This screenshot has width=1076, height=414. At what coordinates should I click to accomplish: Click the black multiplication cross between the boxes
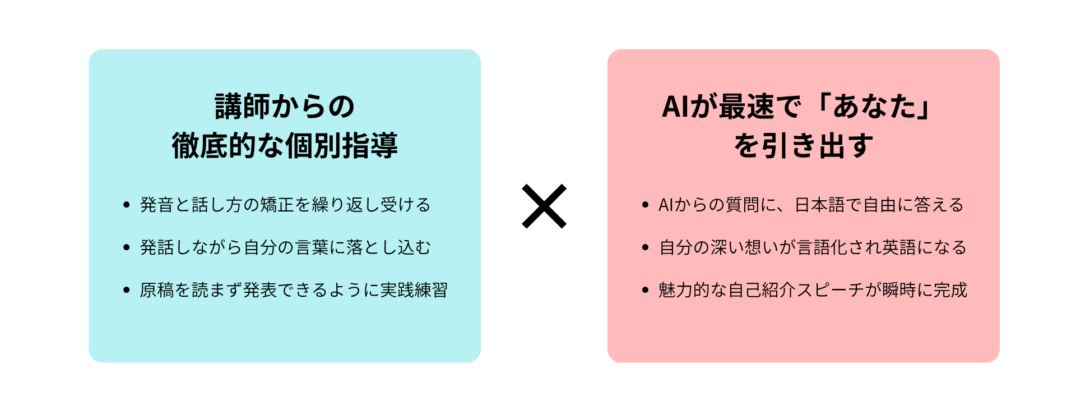coord(544,206)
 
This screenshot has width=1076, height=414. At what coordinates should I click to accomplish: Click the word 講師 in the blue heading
coord(243,106)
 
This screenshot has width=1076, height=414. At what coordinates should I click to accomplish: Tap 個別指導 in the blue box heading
coord(342,146)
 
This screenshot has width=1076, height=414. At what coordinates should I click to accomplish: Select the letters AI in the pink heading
coord(675,106)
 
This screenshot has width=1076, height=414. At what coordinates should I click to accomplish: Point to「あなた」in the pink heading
coord(874,106)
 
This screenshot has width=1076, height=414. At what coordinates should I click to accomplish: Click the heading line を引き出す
coord(804,146)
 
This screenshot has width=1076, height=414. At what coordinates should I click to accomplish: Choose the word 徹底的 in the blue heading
coord(214,146)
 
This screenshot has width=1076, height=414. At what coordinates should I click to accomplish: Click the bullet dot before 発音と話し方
coord(126,205)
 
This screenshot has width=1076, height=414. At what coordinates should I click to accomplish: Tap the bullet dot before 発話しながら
coord(126,247)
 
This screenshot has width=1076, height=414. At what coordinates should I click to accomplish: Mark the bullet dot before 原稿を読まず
coord(126,290)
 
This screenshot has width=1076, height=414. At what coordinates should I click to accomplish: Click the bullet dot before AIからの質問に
coord(645,205)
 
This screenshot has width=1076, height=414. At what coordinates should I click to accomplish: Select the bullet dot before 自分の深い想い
coord(645,247)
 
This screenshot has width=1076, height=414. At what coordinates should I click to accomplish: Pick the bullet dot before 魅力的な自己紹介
coord(645,290)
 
